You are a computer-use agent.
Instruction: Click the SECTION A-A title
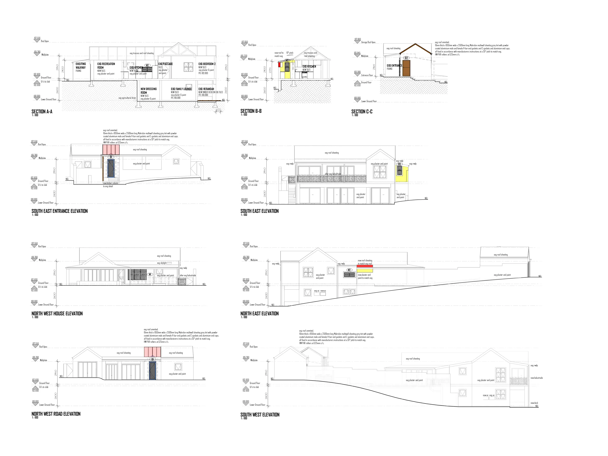click(x=42, y=112)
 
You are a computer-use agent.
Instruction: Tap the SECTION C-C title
click(x=362, y=112)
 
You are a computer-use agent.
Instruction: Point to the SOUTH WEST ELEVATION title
click(x=260, y=415)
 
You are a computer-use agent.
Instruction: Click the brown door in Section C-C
click(x=406, y=68)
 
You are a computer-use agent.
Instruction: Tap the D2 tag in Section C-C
click(x=406, y=58)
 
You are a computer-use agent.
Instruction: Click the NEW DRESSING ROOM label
click(x=148, y=91)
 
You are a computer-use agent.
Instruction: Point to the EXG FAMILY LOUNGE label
click(x=181, y=89)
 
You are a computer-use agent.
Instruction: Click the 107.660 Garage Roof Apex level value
click(x=357, y=39)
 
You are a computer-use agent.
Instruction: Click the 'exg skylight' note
click(x=162, y=263)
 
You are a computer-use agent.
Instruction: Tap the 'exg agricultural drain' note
click(x=127, y=98)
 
